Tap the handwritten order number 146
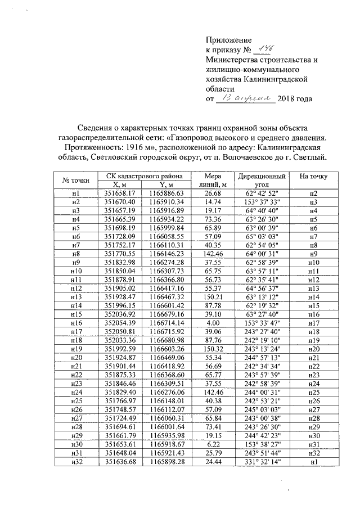click(262, 49)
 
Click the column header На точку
click(314, 177)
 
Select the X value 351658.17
click(120, 193)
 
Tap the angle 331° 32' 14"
click(262, 462)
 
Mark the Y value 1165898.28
click(168, 462)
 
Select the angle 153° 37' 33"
click(262, 201)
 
